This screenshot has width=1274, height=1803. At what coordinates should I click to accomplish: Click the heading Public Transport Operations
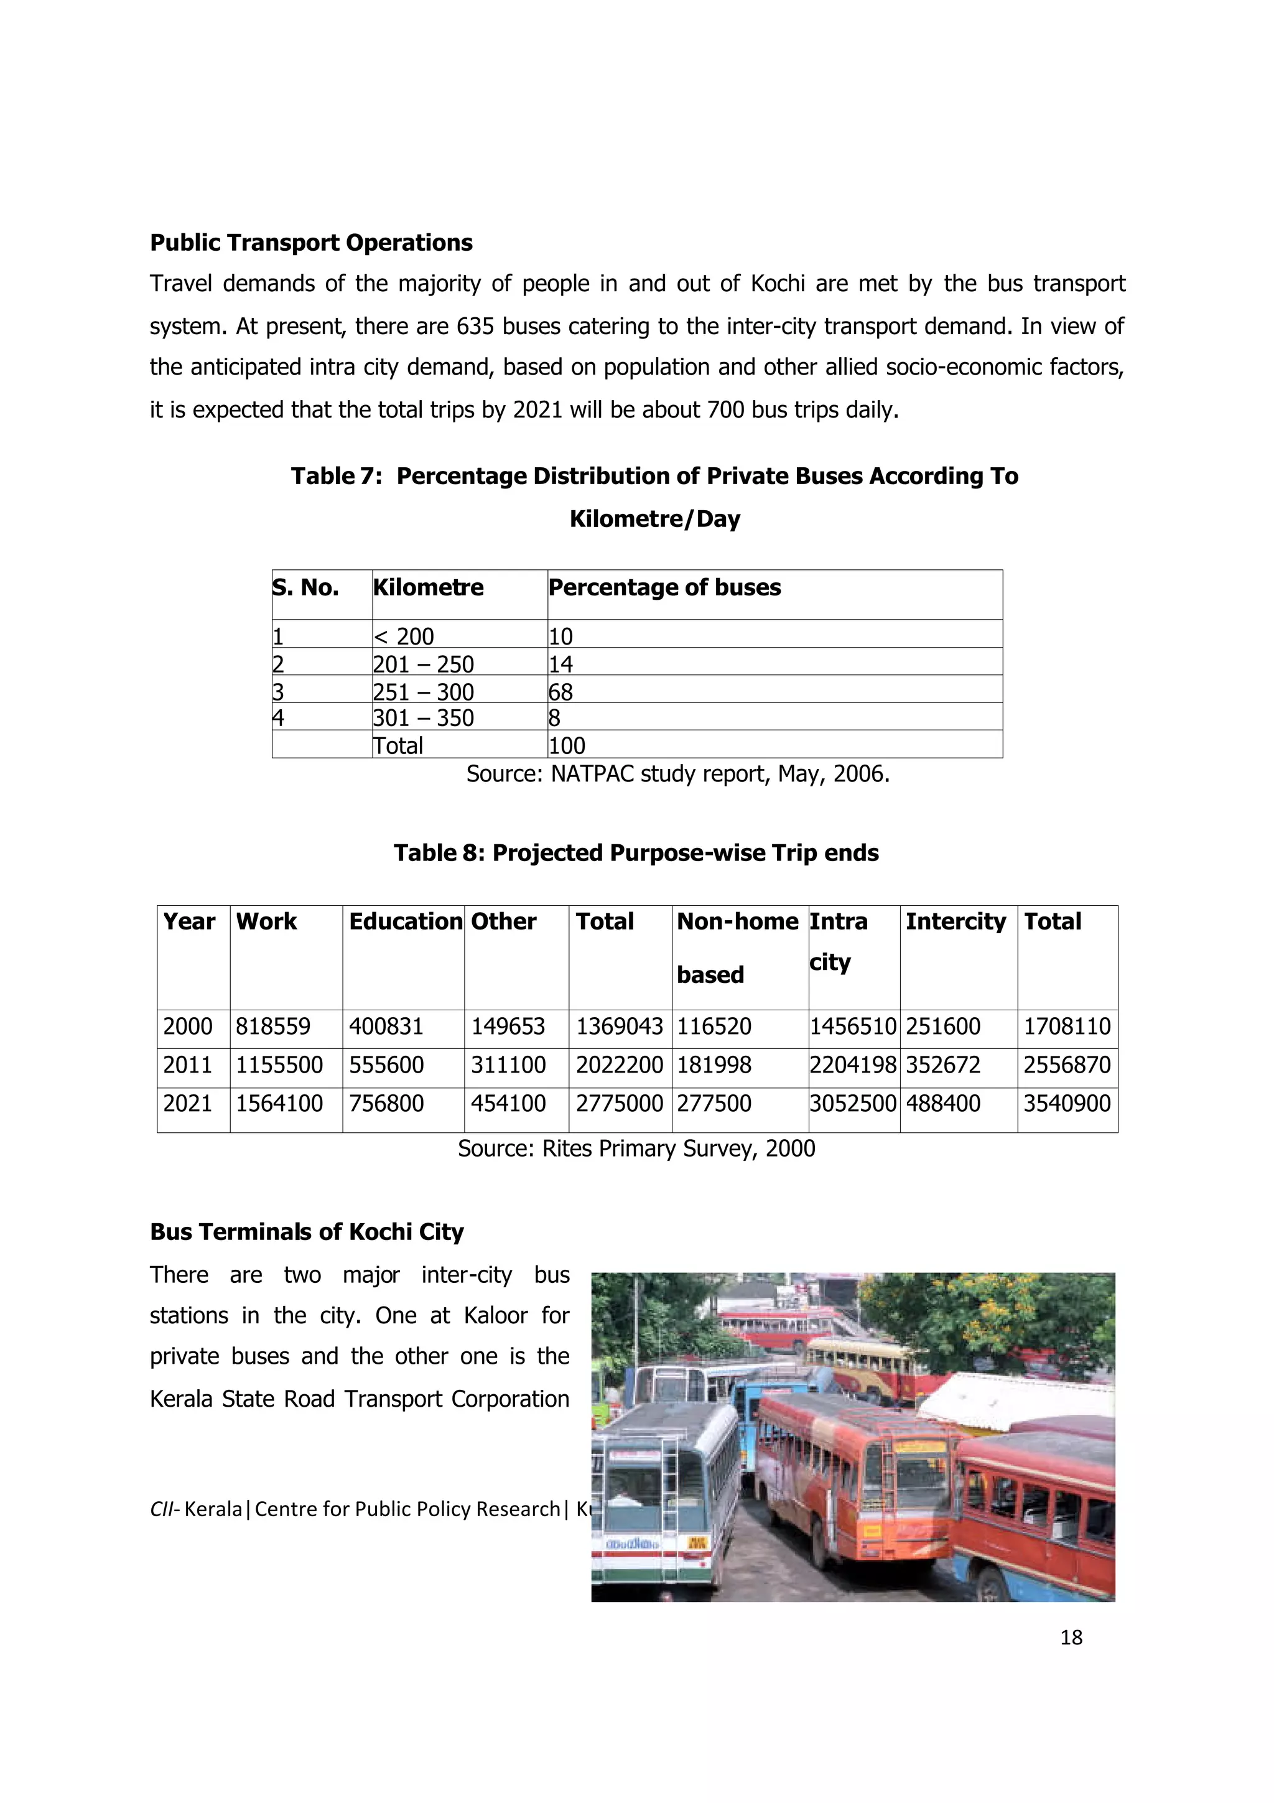click(x=311, y=243)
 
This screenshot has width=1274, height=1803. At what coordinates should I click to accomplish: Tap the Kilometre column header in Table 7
click(x=428, y=587)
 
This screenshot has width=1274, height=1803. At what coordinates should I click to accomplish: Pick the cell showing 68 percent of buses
click(x=560, y=692)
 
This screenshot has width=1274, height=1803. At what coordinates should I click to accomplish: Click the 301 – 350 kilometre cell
click(x=423, y=718)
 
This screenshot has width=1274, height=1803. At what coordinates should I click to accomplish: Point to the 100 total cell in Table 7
click(x=567, y=745)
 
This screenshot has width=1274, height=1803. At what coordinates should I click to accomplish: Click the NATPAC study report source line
click(x=677, y=775)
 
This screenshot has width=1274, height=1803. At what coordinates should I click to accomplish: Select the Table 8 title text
click(x=636, y=853)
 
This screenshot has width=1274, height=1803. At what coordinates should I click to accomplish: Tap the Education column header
click(x=405, y=921)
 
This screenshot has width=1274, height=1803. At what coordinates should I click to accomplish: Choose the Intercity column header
click(x=955, y=921)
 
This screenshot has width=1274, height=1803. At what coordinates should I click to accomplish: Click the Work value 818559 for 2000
click(x=273, y=1027)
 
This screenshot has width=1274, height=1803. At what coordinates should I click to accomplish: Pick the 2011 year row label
click(x=188, y=1065)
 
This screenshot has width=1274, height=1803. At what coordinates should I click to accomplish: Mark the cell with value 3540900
click(x=1067, y=1103)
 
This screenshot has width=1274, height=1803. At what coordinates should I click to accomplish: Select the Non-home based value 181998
click(x=714, y=1065)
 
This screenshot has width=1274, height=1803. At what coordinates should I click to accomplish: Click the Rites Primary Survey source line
click(x=636, y=1149)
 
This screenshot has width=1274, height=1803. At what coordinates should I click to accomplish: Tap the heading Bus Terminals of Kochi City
click(x=307, y=1231)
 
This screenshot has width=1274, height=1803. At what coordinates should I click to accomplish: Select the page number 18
click(x=1071, y=1638)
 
